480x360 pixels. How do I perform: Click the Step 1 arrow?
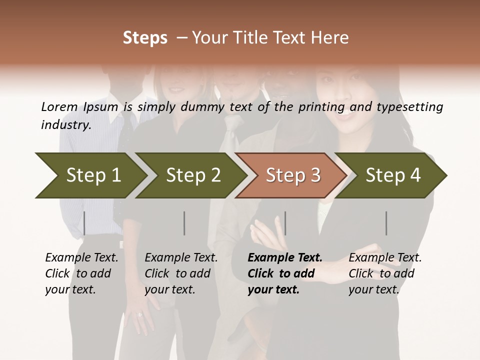(93, 175)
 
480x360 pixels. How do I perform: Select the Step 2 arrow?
(193, 175)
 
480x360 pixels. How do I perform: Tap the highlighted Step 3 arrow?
(293, 175)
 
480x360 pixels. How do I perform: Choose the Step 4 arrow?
(393, 175)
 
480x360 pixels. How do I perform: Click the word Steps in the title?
(145, 38)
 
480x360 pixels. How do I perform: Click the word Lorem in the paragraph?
(59, 106)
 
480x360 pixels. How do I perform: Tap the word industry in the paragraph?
(65, 124)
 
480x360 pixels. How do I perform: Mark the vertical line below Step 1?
(84, 223)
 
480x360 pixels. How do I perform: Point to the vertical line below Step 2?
(184, 223)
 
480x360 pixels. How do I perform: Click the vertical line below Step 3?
(285, 223)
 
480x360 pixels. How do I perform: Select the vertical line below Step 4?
(386, 223)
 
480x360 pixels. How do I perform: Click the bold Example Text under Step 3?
(285, 257)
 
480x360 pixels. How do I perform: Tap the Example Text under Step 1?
(81, 257)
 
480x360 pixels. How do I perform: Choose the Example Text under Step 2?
(181, 257)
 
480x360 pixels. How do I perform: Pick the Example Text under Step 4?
(385, 257)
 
